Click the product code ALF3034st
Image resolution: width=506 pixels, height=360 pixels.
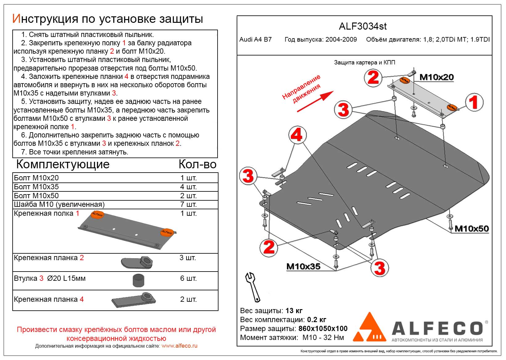coord(363,27)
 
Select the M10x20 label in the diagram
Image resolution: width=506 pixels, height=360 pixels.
coord(436,77)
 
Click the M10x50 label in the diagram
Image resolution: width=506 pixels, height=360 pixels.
coord(471,228)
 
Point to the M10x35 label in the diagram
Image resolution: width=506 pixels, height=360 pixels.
coord(303,266)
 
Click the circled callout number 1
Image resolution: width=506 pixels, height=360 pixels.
coord(474,103)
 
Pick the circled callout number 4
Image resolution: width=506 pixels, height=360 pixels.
coord(297,135)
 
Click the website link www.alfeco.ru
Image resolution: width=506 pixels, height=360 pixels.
coord(179,346)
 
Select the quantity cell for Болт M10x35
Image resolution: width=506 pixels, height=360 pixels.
coord(188,187)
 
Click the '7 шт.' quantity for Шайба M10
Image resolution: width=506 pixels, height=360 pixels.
coord(188,204)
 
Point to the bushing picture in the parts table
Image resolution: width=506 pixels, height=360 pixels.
coord(138,280)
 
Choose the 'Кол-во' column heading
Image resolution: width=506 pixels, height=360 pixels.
coord(197,165)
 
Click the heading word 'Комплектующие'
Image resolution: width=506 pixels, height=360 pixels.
coord(63,164)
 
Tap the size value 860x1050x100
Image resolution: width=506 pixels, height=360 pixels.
coord(323,329)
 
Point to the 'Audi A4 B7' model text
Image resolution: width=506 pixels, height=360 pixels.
coord(255,39)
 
